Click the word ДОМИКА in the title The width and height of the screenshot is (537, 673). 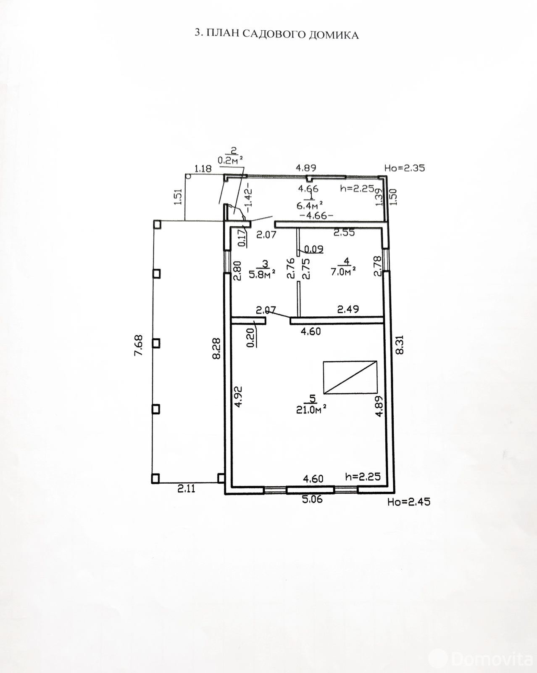pos(334,35)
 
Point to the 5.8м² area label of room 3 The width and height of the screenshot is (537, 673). pos(262,274)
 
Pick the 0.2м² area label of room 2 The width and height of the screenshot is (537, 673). pos(231,160)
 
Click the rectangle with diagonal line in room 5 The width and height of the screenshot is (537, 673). pos(350,377)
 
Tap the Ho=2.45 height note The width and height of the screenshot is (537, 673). pos(409,502)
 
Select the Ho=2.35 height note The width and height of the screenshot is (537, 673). pos(405,168)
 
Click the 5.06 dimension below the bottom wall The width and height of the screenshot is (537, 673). pos(312,499)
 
